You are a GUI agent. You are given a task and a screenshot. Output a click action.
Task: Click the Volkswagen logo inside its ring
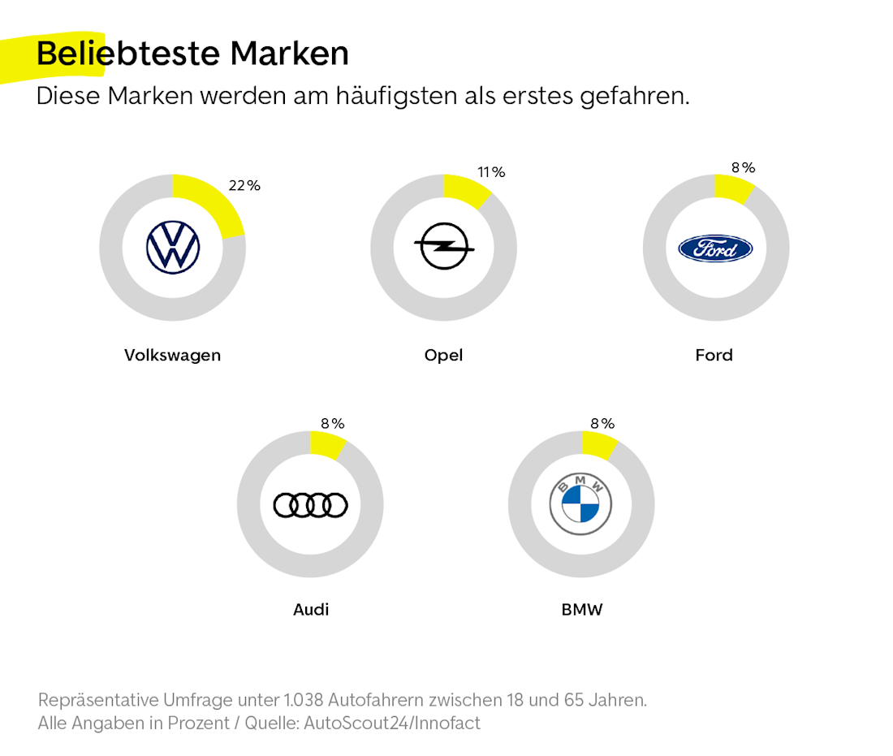pyautogui.click(x=173, y=247)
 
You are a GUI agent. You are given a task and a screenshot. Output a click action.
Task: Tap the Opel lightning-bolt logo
pyautogui.click(x=444, y=247)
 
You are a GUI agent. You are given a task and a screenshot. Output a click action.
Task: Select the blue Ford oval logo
pyautogui.click(x=715, y=248)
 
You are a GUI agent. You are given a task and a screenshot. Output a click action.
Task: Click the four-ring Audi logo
pyautogui.click(x=310, y=505)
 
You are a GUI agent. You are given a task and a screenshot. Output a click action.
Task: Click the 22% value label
pyautogui.click(x=244, y=186)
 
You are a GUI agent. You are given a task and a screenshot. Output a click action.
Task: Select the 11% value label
pyautogui.click(x=491, y=172)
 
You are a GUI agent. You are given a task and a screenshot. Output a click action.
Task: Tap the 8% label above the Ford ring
pyautogui.click(x=743, y=168)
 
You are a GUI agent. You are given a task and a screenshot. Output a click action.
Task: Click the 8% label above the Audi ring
pyautogui.click(x=333, y=424)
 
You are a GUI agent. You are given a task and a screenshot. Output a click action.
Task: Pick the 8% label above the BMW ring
pyautogui.click(x=602, y=424)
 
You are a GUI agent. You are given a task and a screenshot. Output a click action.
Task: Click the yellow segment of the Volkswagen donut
pyautogui.click(x=213, y=202)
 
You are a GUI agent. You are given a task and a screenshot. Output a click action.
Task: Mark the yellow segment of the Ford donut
pyautogui.click(x=733, y=190)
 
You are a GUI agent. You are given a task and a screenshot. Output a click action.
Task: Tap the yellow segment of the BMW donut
pyautogui.click(x=599, y=446)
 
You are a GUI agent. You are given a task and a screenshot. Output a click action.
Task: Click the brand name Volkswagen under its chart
pyautogui.click(x=172, y=356)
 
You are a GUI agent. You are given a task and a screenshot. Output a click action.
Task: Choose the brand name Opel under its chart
pyautogui.click(x=443, y=356)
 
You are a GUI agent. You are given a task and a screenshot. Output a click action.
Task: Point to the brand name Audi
pyautogui.click(x=311, y=610)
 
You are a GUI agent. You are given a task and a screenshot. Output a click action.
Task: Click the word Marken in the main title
pyautogui.click(x=289, y=54)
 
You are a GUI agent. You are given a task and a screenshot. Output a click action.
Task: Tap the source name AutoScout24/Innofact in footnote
pyautogui.click(x=392, y=723)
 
